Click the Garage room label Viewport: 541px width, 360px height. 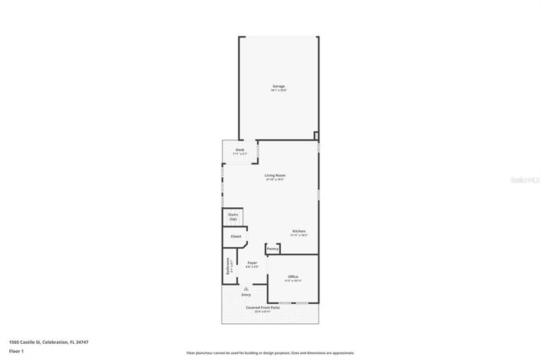pos(278,85)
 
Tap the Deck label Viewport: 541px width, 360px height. pos(240,150)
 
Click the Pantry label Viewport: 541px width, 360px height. pos(272,249)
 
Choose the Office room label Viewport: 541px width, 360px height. pos(293,276)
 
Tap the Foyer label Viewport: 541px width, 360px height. pos(252,263)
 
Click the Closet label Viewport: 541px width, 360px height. pos(236,236)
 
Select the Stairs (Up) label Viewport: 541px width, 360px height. pos(233,217)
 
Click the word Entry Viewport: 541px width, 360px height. pos(246,295)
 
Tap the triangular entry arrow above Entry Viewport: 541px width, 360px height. pos(246,288)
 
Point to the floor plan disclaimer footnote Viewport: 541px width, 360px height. pos(270,352)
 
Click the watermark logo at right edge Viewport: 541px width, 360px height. pos(526,180)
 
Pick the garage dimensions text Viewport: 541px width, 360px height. pos(278,91)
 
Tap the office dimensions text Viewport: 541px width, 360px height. pos(293,281)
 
